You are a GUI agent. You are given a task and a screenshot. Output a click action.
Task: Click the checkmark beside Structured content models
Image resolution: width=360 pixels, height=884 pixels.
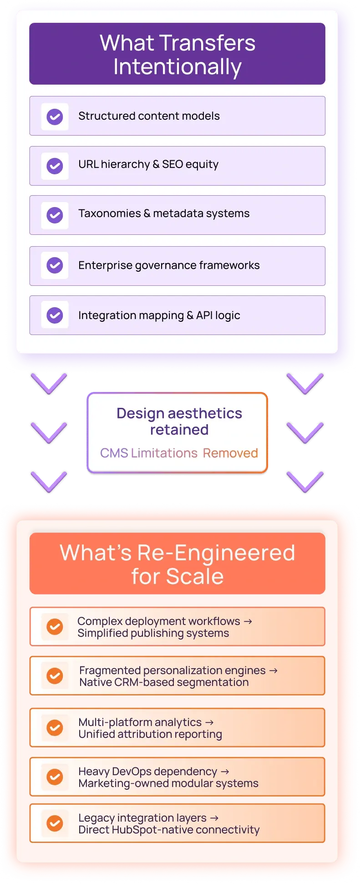pyautogui.click(x=55, y=117)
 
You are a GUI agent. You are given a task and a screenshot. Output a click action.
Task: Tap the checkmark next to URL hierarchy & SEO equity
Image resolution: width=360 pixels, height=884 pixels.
pyautogui.click(x=55, y=166)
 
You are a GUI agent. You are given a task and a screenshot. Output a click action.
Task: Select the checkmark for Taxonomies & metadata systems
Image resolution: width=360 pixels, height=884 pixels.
pyautogui.click(x=55, y=215)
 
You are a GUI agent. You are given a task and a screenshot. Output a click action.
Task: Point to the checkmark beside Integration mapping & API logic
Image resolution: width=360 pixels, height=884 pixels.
pyautogui.click(x=55, y=315)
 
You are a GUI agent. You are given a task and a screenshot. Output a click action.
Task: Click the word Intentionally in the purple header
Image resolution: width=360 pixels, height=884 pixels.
pyautogui.click(x=177, y=67)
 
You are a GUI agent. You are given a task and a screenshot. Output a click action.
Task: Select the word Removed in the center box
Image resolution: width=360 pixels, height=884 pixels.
pyautogui.click(x=230, y=453)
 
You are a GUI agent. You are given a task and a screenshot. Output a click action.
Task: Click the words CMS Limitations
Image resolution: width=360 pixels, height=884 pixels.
pyautogui.click(x=149, y=453)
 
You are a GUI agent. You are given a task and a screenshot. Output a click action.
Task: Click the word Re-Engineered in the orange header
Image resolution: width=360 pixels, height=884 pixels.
pyautogui.click(x=216, y=553)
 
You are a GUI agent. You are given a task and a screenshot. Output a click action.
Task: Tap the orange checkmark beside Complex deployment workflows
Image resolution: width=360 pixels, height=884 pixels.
pyautogui.click(x=55, y=627)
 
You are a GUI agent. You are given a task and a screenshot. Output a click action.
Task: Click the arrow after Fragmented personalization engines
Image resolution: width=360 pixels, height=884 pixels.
pyautogui.click(x=273, y=671)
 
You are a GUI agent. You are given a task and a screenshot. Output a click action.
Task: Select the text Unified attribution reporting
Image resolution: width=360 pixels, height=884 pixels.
pyautogui.click(x=150, y=734)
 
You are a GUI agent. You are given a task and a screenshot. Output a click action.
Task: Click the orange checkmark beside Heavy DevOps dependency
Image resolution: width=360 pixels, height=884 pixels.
pyautogui.click(x=55, y=777)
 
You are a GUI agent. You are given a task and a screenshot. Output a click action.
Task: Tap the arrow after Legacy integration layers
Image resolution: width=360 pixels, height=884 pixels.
pyautogui.click(x=214, y=818)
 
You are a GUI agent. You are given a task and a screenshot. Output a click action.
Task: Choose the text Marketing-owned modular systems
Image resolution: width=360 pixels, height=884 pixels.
pyautogui.click(x=168, y=783)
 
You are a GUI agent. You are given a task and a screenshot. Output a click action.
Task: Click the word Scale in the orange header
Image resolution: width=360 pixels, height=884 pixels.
pyautogui.click(x=195, y=576)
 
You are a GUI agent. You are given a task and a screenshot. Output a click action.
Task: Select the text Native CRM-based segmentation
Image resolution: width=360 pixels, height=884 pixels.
pyautogui.click(x=164, y=682)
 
